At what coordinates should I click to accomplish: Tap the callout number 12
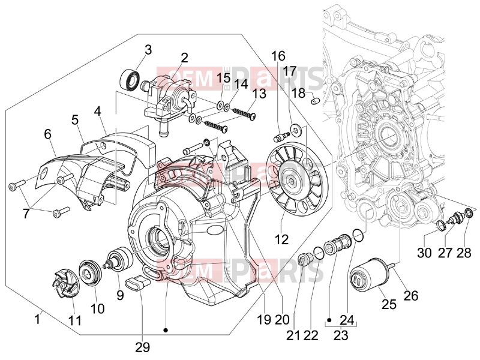(281, 239)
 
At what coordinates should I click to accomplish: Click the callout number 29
(143, 347)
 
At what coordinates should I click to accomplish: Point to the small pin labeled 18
(315, 100)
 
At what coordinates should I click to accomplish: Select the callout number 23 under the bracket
(341, 335)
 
